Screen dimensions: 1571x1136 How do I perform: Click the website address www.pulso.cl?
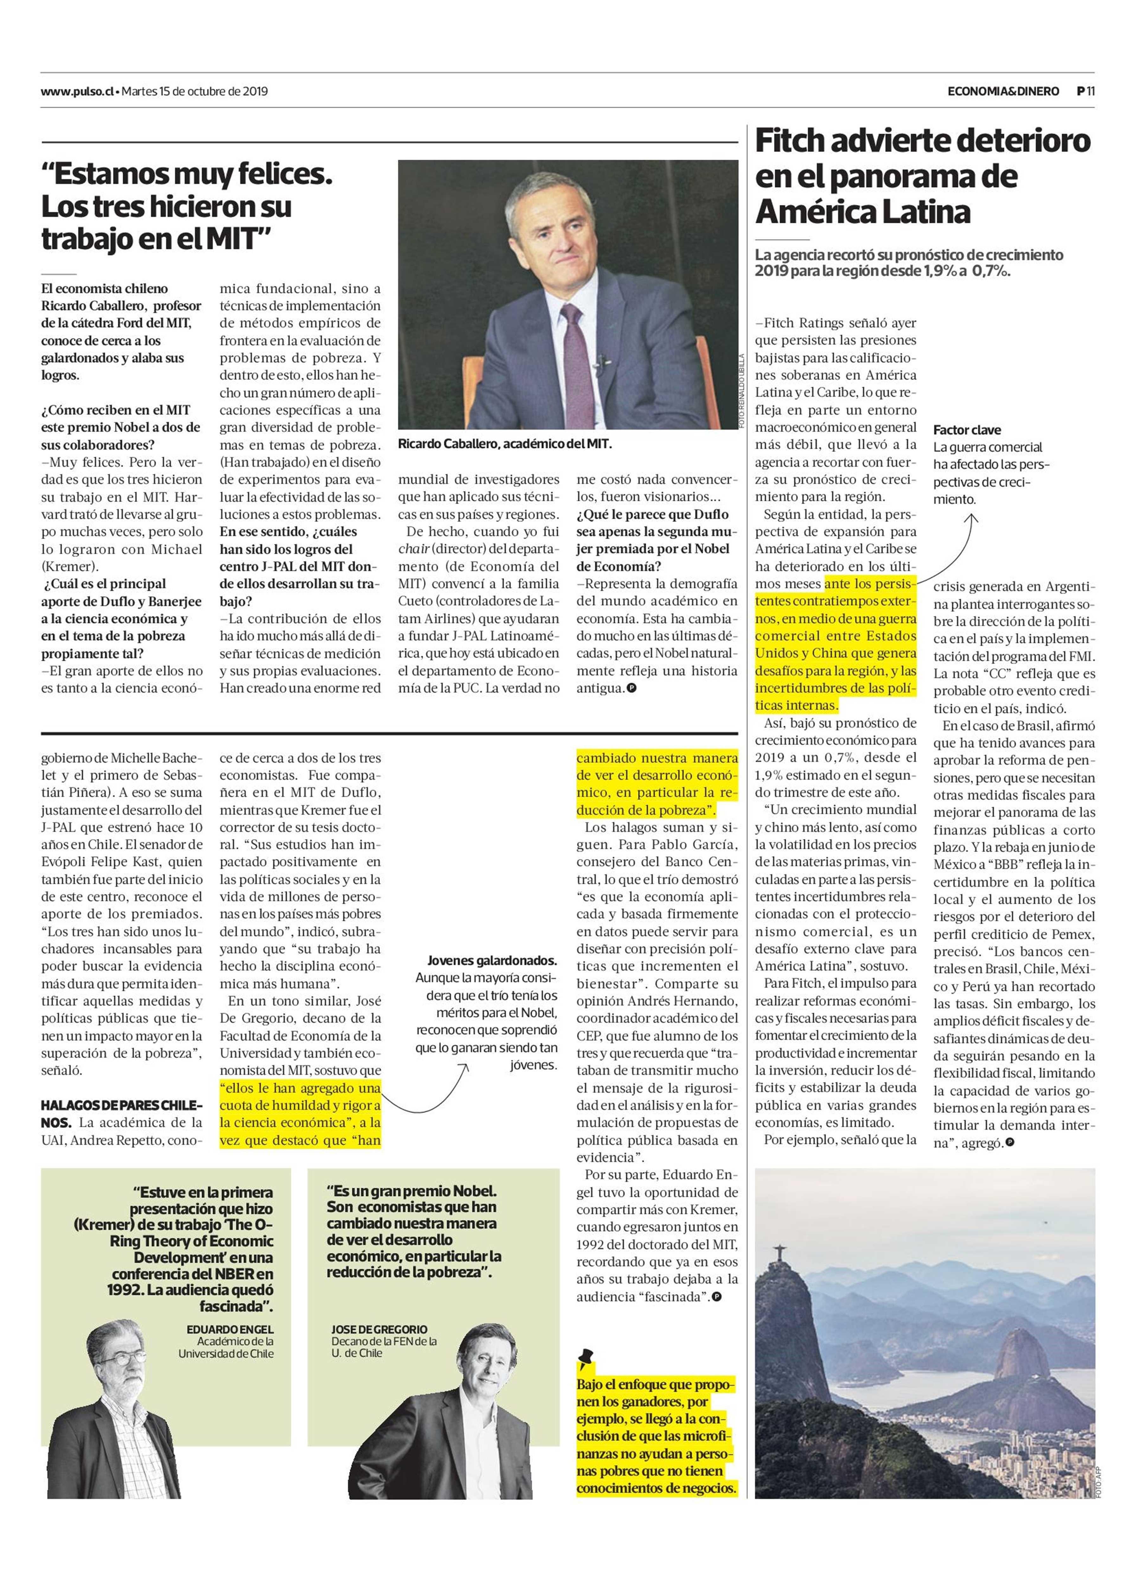point(77,91)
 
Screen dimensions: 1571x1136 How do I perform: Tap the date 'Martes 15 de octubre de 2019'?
point(195,91)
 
